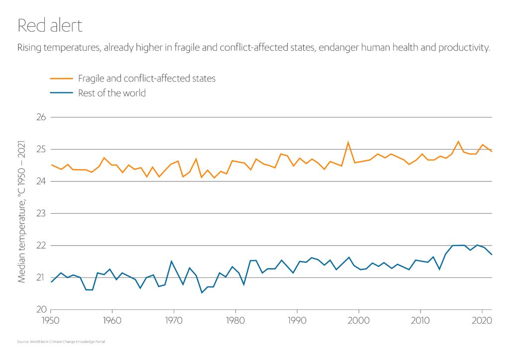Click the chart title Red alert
tap(50, 25)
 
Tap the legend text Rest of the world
tap(112, 93)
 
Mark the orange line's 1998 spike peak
tap(348, 142)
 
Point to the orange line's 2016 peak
tap(458, 141)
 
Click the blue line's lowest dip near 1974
tap(202, 292)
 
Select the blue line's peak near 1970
tap(171, 261)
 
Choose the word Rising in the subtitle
tap(31, 48)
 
